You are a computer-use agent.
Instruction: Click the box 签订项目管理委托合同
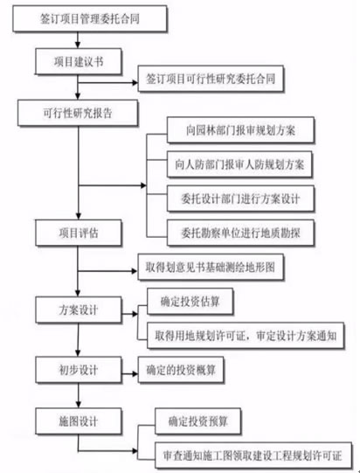click(x=89, y=18)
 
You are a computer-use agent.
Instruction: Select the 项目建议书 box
click(x=79, y=61)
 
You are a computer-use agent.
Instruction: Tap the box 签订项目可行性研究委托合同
click(x=211, y=79)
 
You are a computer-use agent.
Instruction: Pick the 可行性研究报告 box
click(x=78, y=113)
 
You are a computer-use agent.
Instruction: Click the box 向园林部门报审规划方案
click(x=240, y=130)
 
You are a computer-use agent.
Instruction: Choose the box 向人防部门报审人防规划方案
click(x=239, y=164)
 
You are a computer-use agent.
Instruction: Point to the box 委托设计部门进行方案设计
click(x=240, y=198)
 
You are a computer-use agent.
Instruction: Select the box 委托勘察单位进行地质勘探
click(x=240, y=233)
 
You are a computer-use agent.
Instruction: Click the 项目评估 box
click(x=79, y=233)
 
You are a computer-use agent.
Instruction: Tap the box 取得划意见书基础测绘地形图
click(x=211, y=268)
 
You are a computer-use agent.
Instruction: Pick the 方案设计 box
click(x=79, y=310)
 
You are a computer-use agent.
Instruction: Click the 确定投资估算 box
click(x=190, y=302)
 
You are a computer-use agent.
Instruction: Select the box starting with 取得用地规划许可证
click(x=246, y=336)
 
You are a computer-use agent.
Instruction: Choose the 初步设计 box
click(x=79, y=370)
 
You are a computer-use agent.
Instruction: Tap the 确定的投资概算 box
click(x=181, y=370)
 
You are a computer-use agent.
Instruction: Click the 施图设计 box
click(x=79, y=421)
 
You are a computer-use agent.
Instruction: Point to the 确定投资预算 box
click(x=197, y=421)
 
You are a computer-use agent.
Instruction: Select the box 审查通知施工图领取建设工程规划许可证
click(x=253, y=456)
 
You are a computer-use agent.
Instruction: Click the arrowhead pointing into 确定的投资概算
click(x=135, y=374)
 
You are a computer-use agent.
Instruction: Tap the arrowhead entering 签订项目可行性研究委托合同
click(x=135, y=83)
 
